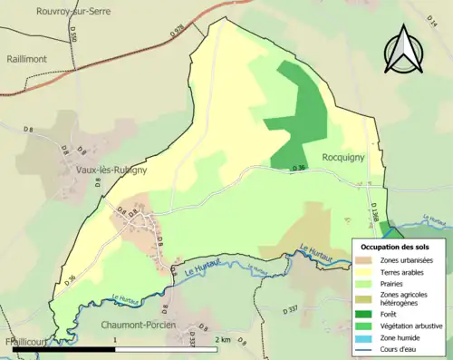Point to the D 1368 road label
point(373,212)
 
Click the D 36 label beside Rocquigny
point(300,168)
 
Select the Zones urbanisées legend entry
point(406,260)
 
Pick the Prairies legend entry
point(394,282)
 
